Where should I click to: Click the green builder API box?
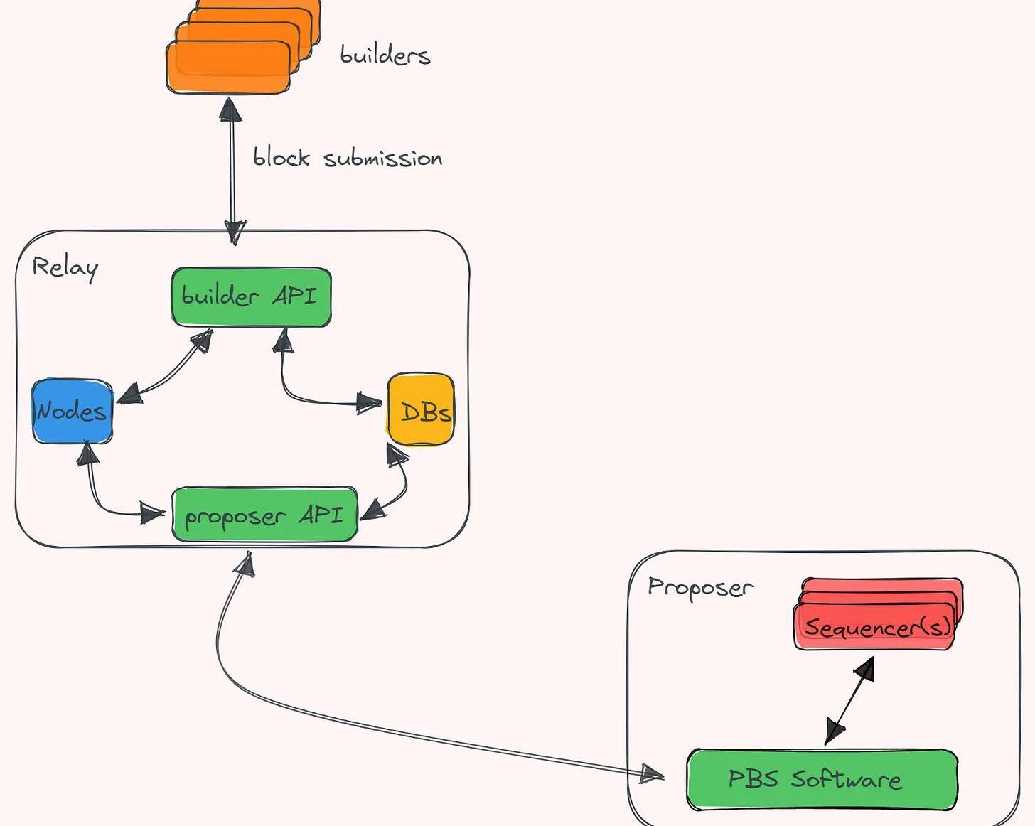click(x=251, y=297)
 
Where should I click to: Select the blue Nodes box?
click(x=72, y=412)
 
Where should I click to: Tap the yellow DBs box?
click(x=421, y=410)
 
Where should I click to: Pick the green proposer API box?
click(x=264, y=514)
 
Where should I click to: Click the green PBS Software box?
click(x=821, y=779)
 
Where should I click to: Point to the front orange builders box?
click(x=228, y=68)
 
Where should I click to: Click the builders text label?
click(x=385, y=55)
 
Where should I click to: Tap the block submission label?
click(x=347, y=157)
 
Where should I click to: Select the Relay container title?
click(x=65, y=267)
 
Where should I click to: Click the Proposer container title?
click(x=699, y=588)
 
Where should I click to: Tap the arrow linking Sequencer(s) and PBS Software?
click(x=850, y=701)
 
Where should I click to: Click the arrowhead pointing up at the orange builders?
click(x=230, y=109)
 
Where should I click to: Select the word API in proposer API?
click(x=321, y=514)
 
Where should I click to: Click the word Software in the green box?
click(x=846, y=779)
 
